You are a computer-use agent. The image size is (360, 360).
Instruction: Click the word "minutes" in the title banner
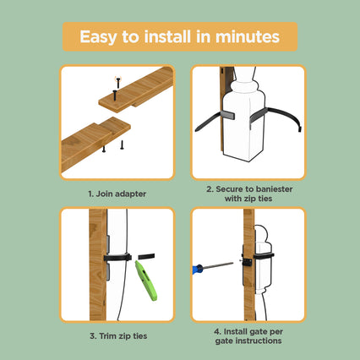coord(248,37)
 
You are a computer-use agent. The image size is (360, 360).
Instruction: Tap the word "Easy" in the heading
coord(98,37)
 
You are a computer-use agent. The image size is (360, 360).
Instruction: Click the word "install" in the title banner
coord(167,37)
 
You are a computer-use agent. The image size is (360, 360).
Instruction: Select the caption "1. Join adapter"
coord(117,194)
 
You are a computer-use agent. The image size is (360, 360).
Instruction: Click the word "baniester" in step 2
coord(275,189)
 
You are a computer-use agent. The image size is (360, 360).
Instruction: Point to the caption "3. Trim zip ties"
coord(118,336)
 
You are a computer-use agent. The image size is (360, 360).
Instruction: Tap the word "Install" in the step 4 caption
coord(236,331)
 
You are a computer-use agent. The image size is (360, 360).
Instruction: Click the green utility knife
coord(145,281)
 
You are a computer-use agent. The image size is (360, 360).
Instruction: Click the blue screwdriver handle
coord(198,269)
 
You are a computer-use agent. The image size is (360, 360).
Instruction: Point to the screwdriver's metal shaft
coord(218,265)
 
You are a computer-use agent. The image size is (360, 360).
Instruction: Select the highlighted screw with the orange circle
coord(118,82)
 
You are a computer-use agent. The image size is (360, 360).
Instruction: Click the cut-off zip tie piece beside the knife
coord(146,256)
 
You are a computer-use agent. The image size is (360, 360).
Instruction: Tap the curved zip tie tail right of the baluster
coord(285,116)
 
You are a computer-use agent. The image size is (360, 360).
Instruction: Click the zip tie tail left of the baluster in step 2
coord(208,122)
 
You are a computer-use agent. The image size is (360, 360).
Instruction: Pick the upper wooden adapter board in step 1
coord(136,90)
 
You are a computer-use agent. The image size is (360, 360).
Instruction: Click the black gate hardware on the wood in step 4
coord(247,262)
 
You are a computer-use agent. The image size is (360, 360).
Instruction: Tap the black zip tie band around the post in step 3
coord(117,258)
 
